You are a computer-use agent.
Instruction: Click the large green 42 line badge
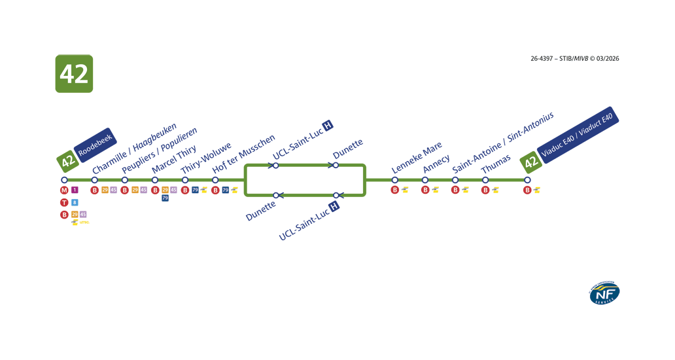[74, 73]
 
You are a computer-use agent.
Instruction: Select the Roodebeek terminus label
[95, 146]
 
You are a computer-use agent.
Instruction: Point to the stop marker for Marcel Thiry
[155, 180]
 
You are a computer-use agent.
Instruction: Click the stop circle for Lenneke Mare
[395, 180]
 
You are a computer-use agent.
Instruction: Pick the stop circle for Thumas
[485, 180]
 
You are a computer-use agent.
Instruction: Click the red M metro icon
[64, 190]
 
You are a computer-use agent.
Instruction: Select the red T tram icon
[64, 203]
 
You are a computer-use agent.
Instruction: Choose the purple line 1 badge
[75, 190]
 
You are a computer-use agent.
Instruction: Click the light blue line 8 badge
[75, 203]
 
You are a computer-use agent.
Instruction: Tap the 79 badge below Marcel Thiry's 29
[165, 198]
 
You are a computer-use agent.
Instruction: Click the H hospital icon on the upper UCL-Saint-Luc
[328, 125]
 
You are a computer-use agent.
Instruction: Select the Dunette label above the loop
[347, 148]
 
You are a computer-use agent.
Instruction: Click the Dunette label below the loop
[261, 211]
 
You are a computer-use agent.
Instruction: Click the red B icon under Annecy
[425, 190]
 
